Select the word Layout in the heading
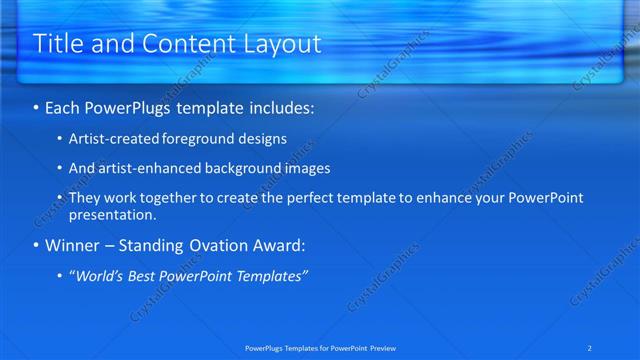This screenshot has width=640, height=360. coord(283,44)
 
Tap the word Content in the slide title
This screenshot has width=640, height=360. coord(183,44)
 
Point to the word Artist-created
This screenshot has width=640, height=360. coord(111,139)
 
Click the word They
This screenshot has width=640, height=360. coord(84,198)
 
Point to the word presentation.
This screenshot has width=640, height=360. coord(112,214)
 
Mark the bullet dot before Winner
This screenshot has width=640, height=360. coord(37,246)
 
